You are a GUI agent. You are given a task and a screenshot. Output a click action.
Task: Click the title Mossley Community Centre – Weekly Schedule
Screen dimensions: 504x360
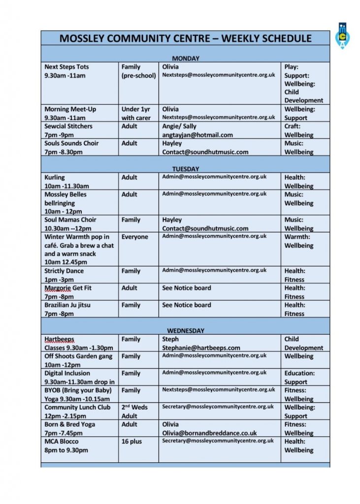(x=185, y=38)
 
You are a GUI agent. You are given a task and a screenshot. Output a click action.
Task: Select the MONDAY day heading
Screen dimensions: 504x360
(x=186, y=59)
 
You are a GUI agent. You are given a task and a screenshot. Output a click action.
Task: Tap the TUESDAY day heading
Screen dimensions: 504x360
(x=186, y=169)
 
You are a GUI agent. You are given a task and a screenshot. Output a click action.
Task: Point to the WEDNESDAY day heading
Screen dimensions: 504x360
(x=186, y=331)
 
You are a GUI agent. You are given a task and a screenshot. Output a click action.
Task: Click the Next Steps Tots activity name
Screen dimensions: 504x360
(x=66, y=67)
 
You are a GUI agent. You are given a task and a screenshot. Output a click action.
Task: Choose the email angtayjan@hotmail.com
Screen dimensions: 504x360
(x=197, y=135)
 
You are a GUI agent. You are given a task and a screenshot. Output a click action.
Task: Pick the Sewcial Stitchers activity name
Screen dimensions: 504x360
(x=68, y=126)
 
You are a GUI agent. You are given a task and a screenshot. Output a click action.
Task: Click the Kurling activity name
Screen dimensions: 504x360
(x=54, y=177)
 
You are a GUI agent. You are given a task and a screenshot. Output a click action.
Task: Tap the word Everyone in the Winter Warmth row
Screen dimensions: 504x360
(x=134, y=237)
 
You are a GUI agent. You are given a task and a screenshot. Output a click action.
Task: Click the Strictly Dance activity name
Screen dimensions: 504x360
(x=64, y=271)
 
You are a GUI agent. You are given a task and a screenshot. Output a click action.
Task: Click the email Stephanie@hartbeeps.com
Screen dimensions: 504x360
(x=201, y=348)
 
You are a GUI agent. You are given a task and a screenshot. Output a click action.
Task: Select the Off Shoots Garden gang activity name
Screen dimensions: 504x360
(x=78, y=356)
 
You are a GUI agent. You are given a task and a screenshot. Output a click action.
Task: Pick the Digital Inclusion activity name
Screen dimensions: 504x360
(x=67, y=373)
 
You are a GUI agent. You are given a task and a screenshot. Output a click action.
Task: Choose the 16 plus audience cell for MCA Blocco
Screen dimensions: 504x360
(x=131, y=441)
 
